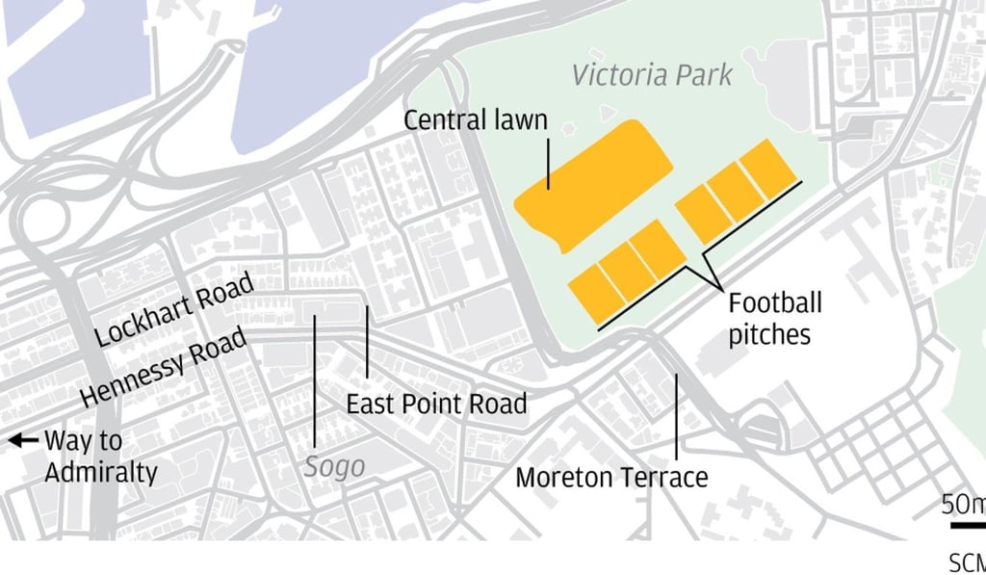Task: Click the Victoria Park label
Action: pos(652,75)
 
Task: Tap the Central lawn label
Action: pos(475,120)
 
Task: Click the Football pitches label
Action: pos(774,319)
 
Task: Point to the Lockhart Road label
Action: pos(174,309)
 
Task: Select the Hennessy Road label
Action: pos(163,366)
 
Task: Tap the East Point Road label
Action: pos(436,404)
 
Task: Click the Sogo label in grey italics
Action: pos(334,467)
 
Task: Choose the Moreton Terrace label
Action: pos(611,477)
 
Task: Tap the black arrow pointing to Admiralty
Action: pos(21,441)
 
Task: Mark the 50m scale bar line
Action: pos(968,525)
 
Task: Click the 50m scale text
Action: pos(963,505)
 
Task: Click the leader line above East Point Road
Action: pos(367,342)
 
